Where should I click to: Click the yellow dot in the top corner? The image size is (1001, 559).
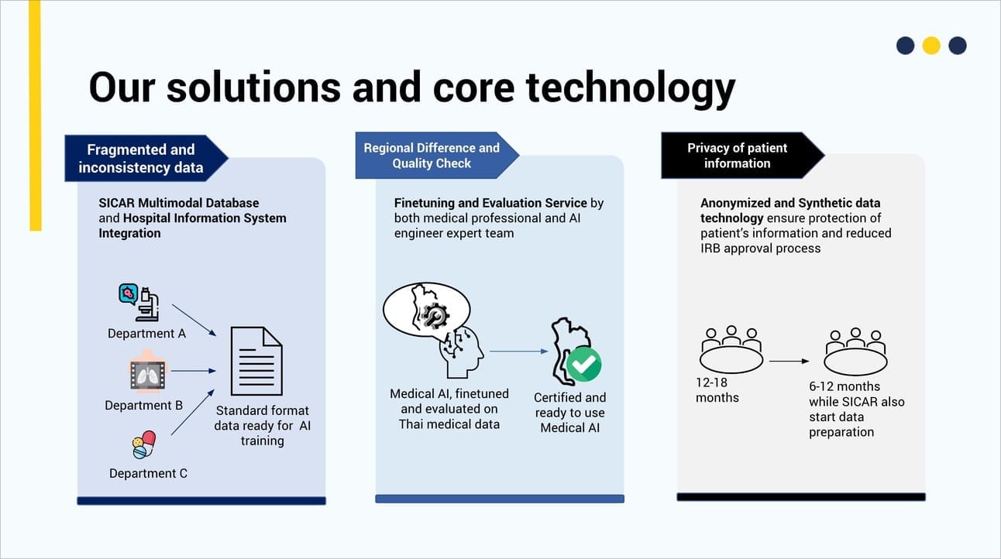[931, 46]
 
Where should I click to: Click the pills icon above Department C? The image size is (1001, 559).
[144, 444]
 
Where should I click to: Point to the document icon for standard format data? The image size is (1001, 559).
[256, 362]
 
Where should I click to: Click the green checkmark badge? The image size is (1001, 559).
[583, 365]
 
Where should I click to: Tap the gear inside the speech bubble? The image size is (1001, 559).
[432, 316]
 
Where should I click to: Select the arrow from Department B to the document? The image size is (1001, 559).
[194, 371]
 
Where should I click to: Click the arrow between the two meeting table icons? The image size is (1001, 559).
[789, 362]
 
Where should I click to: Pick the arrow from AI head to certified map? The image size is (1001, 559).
[519, 352]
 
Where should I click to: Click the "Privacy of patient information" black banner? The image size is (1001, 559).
[742, 156]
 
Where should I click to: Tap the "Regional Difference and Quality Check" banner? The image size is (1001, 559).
[437, 156]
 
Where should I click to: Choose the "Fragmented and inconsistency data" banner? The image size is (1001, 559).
[146, 158]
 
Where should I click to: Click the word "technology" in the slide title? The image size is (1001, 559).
[630, 88]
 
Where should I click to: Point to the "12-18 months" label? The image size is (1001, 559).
[717, 389]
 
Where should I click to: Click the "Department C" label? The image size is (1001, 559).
[148, 473]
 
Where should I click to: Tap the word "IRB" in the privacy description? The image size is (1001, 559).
[710, 249]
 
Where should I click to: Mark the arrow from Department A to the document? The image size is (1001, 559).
[194, 320]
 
